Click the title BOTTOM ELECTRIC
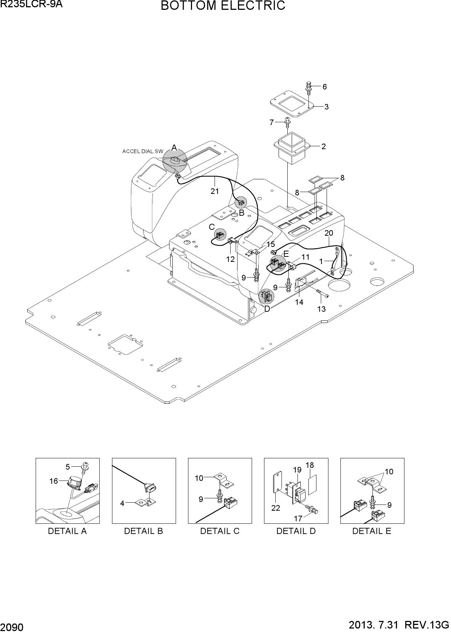pos(223,6)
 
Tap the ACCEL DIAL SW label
pos(143,151)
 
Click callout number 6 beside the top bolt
pos(324,87)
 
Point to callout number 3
pos(326,107)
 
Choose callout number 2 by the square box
pos(323,147)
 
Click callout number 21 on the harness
pos(215,191)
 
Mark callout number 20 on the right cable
pos(329,233)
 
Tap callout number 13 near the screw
pos(321,309)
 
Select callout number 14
pos(299,302)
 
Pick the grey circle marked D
pos(266,297)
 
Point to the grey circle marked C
pos(220,235)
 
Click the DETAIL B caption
pos(144,531)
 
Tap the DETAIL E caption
pos(372,531)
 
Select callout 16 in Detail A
pos(53,481)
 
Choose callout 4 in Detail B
pos(122,503)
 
